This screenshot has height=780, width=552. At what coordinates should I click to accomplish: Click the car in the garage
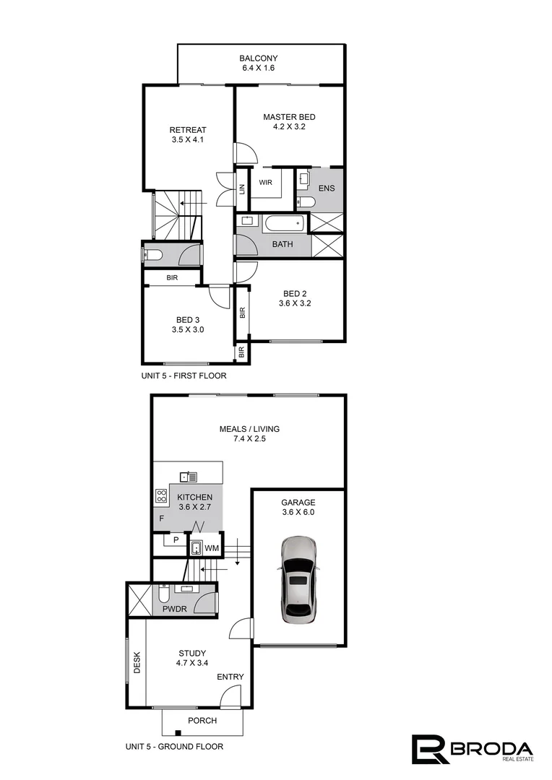tap(298, 580)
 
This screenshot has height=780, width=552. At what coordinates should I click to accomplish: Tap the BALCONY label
tap(259, 58)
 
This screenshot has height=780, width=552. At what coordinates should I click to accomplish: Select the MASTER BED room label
tap(289, 117)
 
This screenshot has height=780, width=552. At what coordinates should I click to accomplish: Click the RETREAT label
tap(188, 130)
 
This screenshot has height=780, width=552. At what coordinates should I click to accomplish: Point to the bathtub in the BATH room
tap(287, 224)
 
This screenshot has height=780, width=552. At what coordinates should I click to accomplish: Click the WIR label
tap(265, 183)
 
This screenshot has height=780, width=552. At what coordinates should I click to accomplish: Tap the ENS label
tap(326, 189)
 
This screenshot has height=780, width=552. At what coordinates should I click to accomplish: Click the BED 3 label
tap(188, 320)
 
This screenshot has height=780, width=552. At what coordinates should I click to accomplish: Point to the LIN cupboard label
tap(243, 189)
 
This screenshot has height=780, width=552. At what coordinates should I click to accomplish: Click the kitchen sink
tap(189, 476)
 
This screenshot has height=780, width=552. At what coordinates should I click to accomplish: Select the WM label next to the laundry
tap(212, 549)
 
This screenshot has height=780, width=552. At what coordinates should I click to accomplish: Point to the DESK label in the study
tap(137, 664)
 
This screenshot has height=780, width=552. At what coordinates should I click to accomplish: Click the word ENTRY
tap(230, 677)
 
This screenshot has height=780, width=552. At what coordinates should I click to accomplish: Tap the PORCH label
tap(202, 721)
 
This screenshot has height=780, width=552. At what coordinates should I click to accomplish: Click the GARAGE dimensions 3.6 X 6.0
tap(298, 512)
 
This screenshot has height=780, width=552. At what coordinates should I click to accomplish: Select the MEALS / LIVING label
tap(249, 429)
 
